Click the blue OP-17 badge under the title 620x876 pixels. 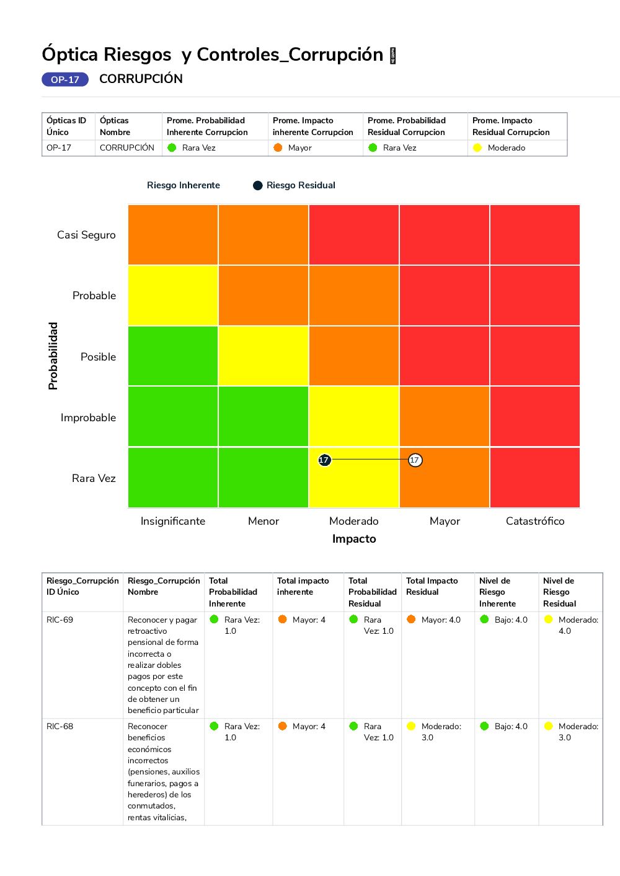(x=65, y=79)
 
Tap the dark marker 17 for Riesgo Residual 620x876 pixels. (x=324, y=460)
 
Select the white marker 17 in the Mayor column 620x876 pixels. (x=415, y=460)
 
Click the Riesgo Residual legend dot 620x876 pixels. (x=258, y=185)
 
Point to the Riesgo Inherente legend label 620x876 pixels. (x=184, y=185)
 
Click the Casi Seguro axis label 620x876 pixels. (x=86, y=235)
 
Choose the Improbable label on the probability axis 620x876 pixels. (x=88, y=418)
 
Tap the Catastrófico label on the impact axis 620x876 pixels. (x=535, y=521)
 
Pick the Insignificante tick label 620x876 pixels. (x=172, y=521)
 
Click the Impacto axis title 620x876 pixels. (x=354, y=539)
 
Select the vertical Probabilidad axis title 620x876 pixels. (x=53, y=356)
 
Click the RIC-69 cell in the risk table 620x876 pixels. (x=60, y=620)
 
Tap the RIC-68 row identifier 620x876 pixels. (x=60, y=726)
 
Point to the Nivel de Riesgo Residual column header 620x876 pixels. (x=559, y=592)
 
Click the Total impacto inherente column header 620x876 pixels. (x=303, y=587)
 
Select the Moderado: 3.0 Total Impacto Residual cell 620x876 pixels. (x=440, y=732)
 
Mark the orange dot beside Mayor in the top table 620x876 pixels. (x=278, y=147)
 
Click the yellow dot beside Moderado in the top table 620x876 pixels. (x=477, y=147)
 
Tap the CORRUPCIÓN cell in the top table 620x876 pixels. (x=127, y=147)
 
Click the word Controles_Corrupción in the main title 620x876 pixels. (x=290, y=55)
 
